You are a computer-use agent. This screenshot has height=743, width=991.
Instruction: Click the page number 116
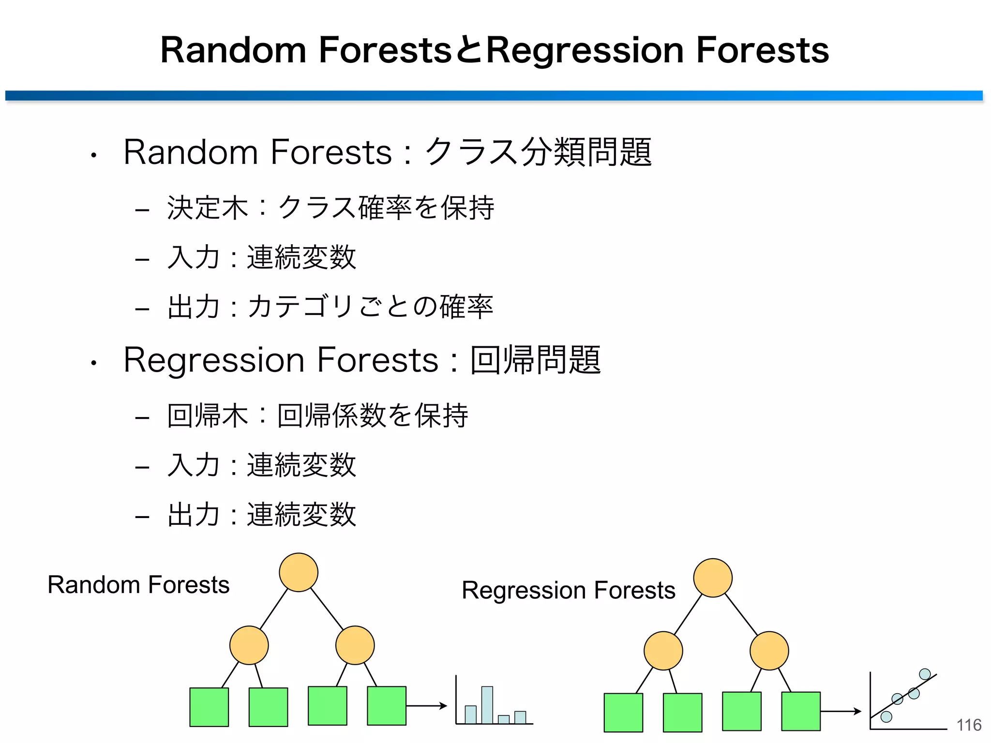click(x=969, y=725)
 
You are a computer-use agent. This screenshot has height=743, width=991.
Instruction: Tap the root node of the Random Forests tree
click(x=299, y=572)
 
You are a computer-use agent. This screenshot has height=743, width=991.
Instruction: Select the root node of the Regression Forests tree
click(x=712, y=578)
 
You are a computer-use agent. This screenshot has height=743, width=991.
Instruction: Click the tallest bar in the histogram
click(x=487, y=705)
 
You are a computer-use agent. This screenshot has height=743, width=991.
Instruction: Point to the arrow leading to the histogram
click(x=426, y=706)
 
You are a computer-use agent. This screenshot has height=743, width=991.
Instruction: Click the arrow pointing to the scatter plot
click(x=841, y=711)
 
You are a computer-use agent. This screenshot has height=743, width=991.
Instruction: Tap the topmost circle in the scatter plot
click(x=925, y=674)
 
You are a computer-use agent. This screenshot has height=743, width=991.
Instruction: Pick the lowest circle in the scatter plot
click(x=886, y=716)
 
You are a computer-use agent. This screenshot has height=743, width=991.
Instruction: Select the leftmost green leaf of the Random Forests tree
click(x=209, y=707)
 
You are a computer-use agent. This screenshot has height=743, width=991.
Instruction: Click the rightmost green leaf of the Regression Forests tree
click(x=801, y=711)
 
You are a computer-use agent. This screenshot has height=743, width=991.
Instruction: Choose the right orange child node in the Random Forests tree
click(x=355, y=645)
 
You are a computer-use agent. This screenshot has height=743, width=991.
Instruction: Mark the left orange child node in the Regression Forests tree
click(x=663, y=651)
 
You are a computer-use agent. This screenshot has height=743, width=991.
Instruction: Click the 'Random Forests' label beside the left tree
click(x=138, y=585)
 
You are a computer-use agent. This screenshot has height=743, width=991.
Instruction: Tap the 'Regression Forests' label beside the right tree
click(x=568, y=590)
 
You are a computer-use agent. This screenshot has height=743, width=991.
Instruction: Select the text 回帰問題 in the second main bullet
click(x=535, y=360)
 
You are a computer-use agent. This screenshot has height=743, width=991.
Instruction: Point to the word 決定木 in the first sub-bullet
click(x=207, y=208)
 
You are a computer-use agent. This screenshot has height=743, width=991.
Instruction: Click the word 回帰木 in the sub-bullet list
click(x=207, y=416)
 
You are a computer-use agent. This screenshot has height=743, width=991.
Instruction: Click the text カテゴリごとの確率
click(x=370, y=307)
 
